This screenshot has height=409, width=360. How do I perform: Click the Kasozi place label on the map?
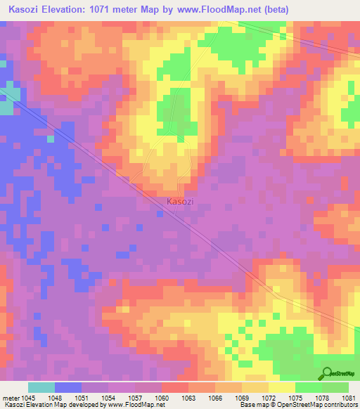[x=180, y=202]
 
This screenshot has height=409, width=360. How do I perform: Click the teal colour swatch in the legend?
[x=41, y=387]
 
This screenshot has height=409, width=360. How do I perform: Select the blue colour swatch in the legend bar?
[x=68, y=387]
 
